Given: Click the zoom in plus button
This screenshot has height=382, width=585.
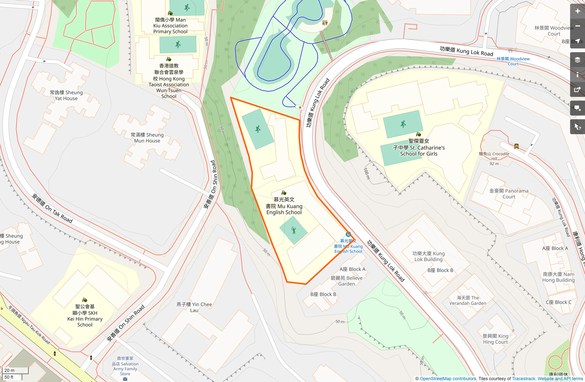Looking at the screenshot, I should pos(577,11).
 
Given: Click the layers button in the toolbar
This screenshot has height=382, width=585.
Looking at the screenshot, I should pos(577,60).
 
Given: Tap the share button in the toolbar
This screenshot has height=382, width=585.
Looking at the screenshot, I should pos(577,90).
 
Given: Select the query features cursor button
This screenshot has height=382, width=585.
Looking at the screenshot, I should pos(577,127).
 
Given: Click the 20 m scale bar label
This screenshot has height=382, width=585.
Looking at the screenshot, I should pos(10,370).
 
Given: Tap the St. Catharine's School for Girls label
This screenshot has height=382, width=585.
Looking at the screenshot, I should pos(419,148).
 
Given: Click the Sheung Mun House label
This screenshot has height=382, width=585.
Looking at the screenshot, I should pos(147,138).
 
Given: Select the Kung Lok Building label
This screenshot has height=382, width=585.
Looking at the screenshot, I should pos(428,256).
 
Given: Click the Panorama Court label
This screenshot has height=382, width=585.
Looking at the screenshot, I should pos(509,193).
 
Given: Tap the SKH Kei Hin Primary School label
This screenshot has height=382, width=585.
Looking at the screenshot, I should pos(85,316).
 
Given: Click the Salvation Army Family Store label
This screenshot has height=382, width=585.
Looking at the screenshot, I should pos(125,366).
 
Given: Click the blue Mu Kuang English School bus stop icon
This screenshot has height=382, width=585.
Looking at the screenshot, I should pos(348,234).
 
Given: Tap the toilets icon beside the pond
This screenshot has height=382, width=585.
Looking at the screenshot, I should pos(325,23).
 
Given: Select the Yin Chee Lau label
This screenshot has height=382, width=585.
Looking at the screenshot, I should pos(194,307).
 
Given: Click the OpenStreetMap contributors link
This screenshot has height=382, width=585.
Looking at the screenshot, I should pos(448,379).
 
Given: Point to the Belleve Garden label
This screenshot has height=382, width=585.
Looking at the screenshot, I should pos(347,281).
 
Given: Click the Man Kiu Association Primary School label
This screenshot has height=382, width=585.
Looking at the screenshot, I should pos(170,25).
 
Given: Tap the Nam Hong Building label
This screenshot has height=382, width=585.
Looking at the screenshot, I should pos(558,277).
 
